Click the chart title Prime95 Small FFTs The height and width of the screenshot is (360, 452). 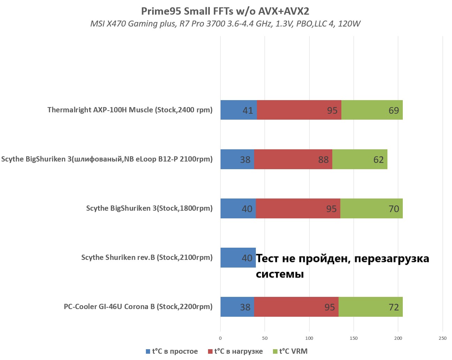point(225,11)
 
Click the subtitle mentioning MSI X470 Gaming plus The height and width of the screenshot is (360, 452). point(225,24)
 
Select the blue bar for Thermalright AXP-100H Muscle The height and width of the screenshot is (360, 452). point(238,110)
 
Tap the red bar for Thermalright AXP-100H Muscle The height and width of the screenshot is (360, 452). point(299,110)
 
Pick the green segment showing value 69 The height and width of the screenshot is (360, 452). point(372,110)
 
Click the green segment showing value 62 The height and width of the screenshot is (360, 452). point(360,159)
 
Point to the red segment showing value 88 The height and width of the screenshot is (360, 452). point(293,159)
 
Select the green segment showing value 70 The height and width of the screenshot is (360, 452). point(371,209)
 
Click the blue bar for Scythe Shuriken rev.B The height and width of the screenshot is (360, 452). point(238,258)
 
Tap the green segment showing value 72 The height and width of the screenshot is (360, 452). point(370,307)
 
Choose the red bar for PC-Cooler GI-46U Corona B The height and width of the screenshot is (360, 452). point(296,307)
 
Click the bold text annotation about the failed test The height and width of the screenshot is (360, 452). point(342,266)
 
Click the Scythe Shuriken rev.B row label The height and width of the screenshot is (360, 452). point(147,257)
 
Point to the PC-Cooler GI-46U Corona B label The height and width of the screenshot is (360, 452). point(138,307)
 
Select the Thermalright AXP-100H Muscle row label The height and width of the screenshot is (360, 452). point(130,110)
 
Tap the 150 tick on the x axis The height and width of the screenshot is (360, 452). point(354,338)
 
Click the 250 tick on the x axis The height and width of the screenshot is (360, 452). point(442,338)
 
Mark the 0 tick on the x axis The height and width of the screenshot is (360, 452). point(220,338)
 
